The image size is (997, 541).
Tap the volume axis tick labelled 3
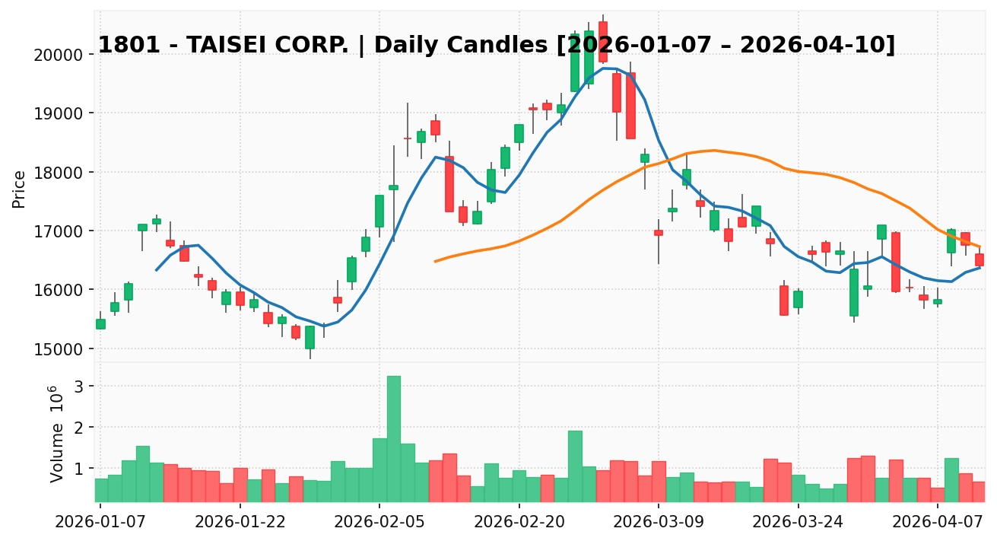click(78, 387)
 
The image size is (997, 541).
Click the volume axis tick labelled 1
click(78, 469)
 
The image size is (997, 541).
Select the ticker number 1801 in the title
click(118, 46)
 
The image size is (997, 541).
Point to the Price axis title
click(20, 189)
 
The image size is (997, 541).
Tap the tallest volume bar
click(393, 438)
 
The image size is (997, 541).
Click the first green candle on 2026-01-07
click(100, 324)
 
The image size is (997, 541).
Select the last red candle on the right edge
click(980, 259)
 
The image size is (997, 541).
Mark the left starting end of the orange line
click(435, 261)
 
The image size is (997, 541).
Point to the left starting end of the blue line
click(157, 270)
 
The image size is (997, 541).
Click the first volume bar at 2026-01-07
click(100, 490)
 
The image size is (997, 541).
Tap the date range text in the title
click(726, 46)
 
